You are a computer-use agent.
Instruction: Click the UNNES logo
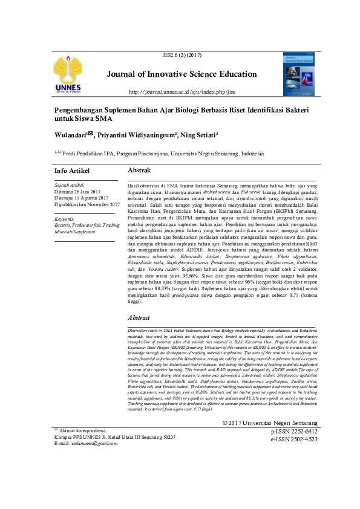click(x=70, y=76)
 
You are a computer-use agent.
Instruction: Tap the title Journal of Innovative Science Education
click(x=182, y=74)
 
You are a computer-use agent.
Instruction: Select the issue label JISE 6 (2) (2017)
click(x=182, y=56)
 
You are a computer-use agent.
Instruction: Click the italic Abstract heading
click(x=139, y=317)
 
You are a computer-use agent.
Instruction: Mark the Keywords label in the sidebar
click(x=64, y=218)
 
